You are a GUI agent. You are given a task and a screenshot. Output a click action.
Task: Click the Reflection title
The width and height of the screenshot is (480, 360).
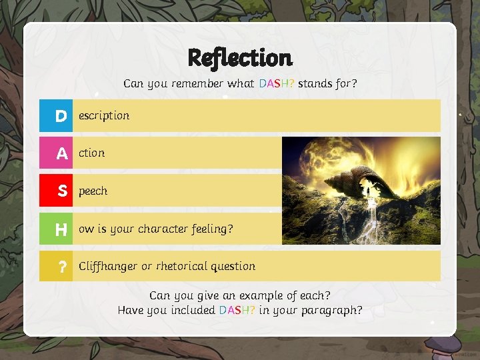tap(240, 58)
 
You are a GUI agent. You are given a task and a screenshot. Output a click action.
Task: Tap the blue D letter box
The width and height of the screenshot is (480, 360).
tap(56, 116)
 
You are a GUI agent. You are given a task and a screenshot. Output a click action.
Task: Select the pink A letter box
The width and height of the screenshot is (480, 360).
tap(56, 153)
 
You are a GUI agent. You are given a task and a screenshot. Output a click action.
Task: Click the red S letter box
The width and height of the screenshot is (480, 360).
tap(56, 191)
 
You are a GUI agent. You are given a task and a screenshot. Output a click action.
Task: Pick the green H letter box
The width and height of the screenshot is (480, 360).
tap(56, 229)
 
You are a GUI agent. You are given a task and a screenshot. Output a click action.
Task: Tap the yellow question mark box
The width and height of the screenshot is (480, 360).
tap(56, 267)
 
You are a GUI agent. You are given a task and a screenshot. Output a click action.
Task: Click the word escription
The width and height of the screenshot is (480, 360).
tap(104, 115)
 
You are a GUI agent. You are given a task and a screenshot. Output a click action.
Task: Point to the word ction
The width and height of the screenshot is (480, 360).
tap(91, 153)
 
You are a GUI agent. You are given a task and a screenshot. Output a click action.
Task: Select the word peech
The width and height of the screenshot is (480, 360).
tap(93, 191)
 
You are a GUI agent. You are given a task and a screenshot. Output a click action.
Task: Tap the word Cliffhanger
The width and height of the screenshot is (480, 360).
tap(107, 266)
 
